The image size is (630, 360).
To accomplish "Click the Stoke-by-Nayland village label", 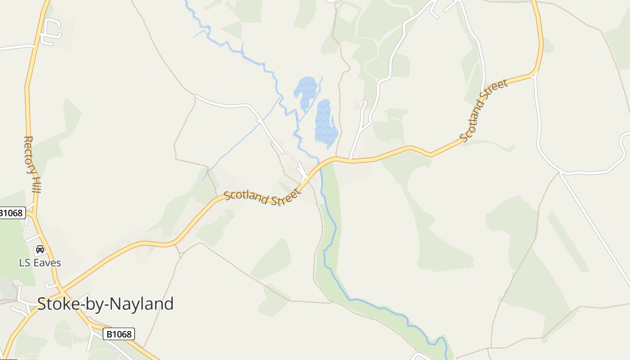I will (105, 304).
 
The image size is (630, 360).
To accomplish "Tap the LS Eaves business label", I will (40, 263).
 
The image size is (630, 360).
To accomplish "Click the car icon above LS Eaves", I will (40, 249).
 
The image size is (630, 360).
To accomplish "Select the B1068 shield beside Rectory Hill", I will (11, 213).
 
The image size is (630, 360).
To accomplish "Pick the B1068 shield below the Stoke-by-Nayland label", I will (119, 334).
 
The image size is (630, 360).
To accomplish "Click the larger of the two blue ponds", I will (326, 124).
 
